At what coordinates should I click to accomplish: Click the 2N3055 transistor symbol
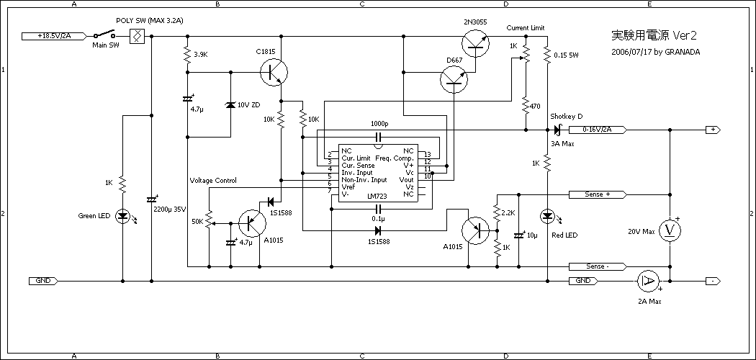pyautogui.click(x=474, y=42)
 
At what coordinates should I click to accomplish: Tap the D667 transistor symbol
pyautogui.click(x=454, y=78)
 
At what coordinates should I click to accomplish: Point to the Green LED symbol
pyautogui.click(x=123, y=215)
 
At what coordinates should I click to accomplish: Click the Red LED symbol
pyautogui.click(x=547, y=215)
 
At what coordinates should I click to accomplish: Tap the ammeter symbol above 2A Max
pyautogui.click(x=648, y=281)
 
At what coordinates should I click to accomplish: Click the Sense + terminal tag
pyautogui.click(x=597, y=194)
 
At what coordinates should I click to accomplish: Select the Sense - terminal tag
pyautogui.click(x=597, y=266)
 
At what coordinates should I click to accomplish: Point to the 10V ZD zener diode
pyautogui.click(x=230, y=105)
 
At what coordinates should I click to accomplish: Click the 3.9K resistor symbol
pyautogui.click(x=187, y=55)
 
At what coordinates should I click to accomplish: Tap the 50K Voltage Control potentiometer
pyautogui.click(x=210, y=220)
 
